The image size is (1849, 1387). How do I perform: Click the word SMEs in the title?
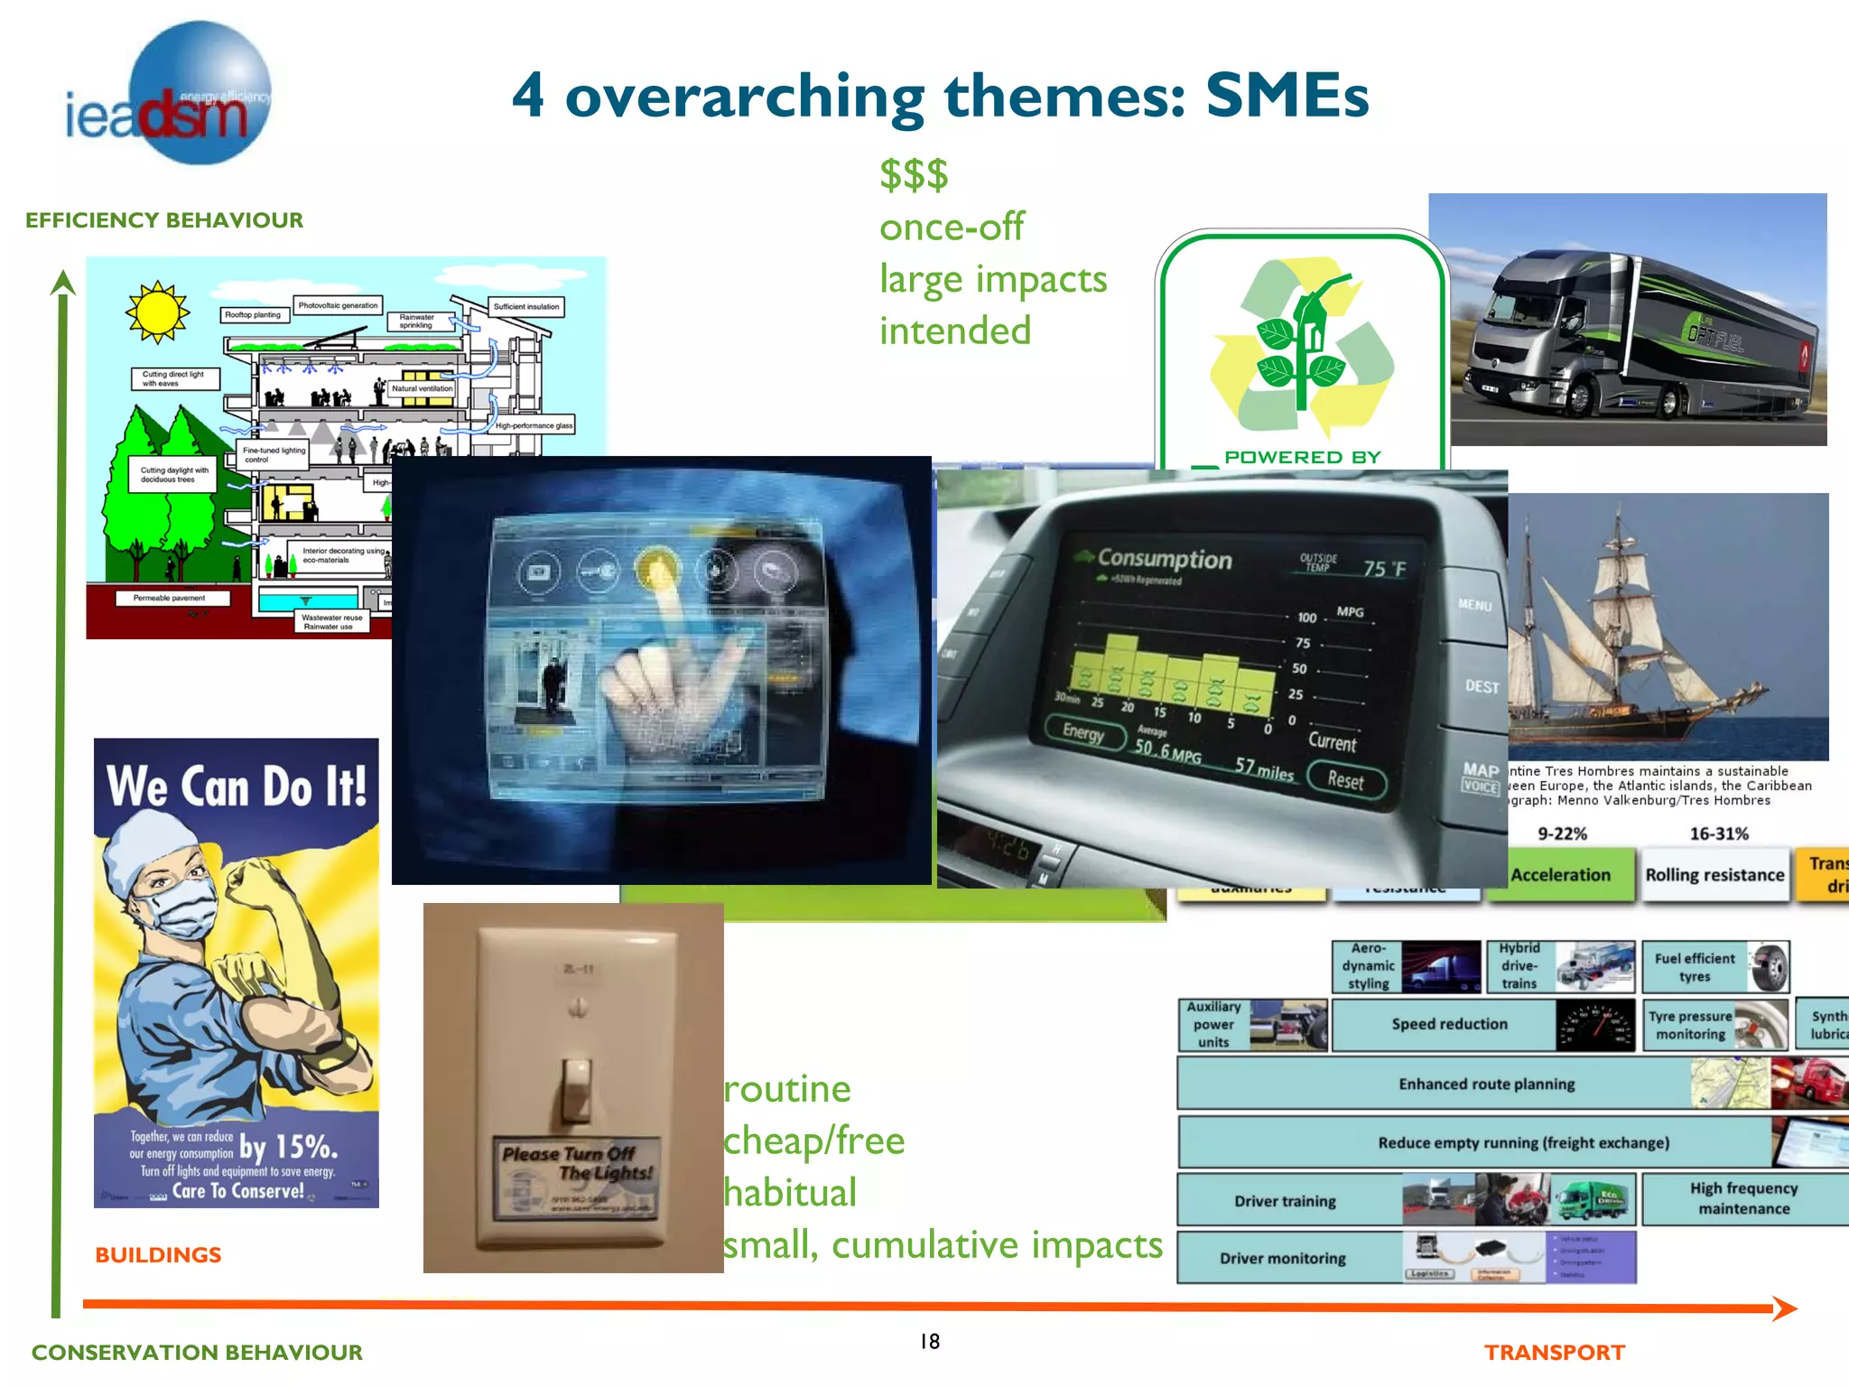tap(1286, 96)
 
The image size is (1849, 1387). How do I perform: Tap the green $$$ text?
tap(914, 174)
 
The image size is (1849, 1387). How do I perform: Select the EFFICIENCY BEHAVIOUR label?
tap(164, 220)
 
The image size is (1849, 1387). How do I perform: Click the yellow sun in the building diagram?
tap(157, 312)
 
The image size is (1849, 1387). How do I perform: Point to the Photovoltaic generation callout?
tap(338, 305)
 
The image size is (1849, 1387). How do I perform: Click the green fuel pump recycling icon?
tap(1302, 348)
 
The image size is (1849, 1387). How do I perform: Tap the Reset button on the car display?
tap(1344, 780)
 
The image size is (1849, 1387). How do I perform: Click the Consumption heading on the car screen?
tap(1164, 559)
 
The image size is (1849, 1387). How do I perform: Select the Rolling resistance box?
tap(1714, 874)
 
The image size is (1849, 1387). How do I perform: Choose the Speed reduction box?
tap(1448, 1024)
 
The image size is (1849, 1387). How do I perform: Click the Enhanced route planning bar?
tap(1486, 1084)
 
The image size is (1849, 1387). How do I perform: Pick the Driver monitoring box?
tap(1282, 1258)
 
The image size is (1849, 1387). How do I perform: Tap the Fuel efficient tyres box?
tap(1695, 967)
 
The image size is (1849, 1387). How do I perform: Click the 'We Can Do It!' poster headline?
tap(237, 786)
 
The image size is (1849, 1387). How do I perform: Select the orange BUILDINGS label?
tap(158, 1255)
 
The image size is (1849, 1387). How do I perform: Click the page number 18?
tap(930, 1342)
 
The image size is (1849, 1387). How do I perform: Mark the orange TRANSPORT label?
tap(1554, 1353)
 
